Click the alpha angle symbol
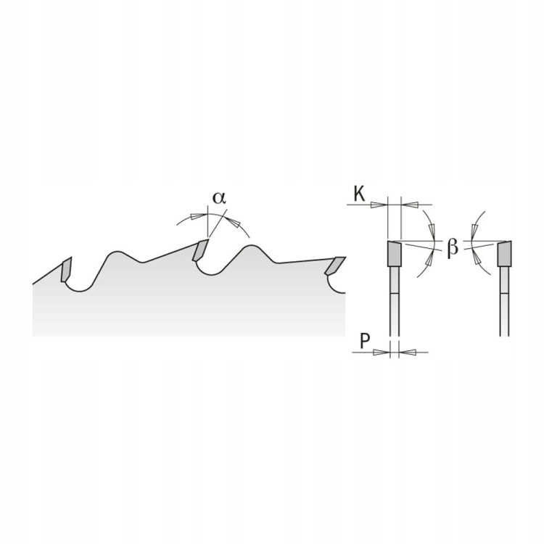click(219, 198)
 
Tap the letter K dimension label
click(359, 194)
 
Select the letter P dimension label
click(365, 341)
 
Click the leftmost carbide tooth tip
click(66, 270)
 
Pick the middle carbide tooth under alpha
click(200, 250)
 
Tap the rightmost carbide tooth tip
click(335, 265)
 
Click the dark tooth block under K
click(394, 254)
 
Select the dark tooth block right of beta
click(504, 254)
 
